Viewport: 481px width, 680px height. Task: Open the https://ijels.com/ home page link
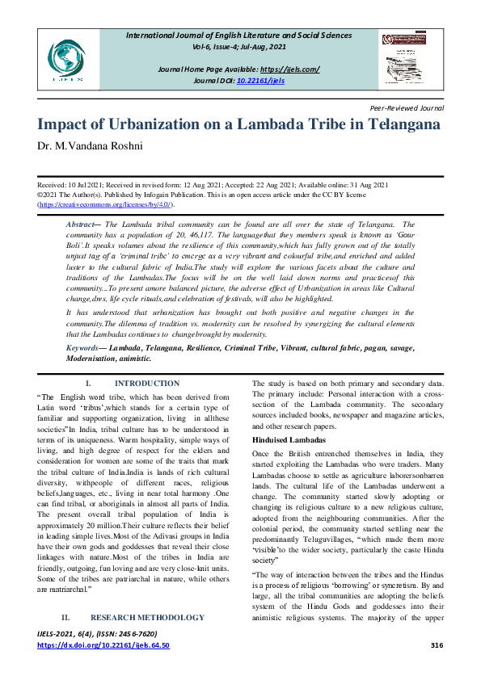289,69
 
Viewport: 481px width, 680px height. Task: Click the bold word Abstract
82,223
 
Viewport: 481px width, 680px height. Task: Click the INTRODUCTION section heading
147,384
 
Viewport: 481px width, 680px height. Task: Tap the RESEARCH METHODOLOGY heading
158,617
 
